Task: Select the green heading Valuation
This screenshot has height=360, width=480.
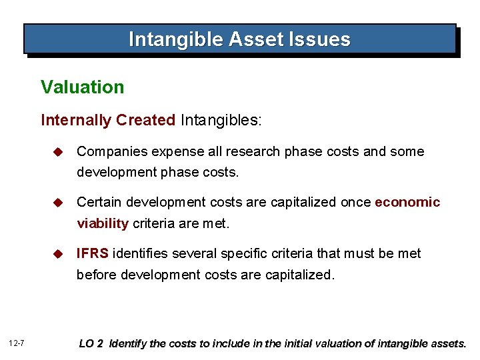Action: pos(82,87)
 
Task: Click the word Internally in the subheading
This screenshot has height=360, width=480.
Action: pos(75,120)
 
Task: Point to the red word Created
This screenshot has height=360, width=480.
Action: pos(145,120)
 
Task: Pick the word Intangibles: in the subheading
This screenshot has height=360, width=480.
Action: pos(221,120)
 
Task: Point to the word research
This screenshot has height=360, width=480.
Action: pos(257,151)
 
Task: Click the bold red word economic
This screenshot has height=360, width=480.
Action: pos(407,202)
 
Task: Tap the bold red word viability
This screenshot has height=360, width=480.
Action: pos(103,223)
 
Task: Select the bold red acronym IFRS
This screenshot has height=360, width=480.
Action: pos(93,253)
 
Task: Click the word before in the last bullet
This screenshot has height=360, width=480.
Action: pos(97,275)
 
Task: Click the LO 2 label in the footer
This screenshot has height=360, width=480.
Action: pos(92,344)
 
